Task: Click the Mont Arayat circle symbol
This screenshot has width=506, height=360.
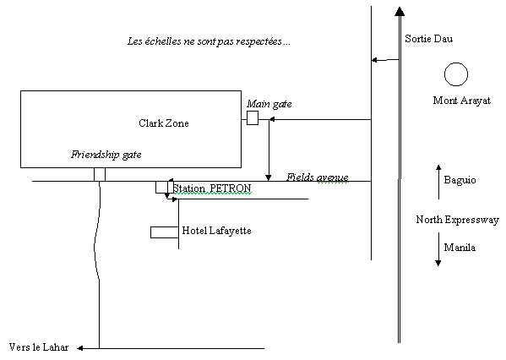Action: click(x=456, y=63)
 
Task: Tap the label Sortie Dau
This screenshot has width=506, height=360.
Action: click(x=429, y=39)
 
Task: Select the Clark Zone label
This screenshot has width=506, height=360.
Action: click(x=164, y=123)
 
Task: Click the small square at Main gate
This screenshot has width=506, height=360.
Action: click(x=253, y=117)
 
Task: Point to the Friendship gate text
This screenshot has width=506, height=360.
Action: click(x=106, y=155)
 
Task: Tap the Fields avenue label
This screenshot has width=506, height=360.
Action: click(x=318, y=177)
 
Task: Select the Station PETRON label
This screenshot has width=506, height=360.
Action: click(x=212, y=188)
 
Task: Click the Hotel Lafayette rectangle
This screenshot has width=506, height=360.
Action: click(x=165, y=227)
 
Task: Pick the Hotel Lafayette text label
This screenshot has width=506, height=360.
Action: click(x=216, y=231)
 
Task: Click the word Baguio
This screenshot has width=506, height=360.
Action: click(x=460, y=180)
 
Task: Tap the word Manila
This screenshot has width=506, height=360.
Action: click(x=460, y=248)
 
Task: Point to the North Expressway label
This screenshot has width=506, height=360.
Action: click(x=457, y=220)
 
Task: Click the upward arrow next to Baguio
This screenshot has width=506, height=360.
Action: click(x=438, y=182)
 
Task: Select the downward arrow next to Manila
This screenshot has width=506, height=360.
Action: click(x=438, y=249)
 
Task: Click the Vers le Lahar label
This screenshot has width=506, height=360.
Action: click(x=39, y=347)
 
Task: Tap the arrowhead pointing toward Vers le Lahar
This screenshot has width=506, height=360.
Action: click(x=80, y=348)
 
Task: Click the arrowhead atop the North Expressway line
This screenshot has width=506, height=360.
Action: click(x=400, y=11)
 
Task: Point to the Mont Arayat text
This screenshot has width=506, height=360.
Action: click(x=462, y=101)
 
